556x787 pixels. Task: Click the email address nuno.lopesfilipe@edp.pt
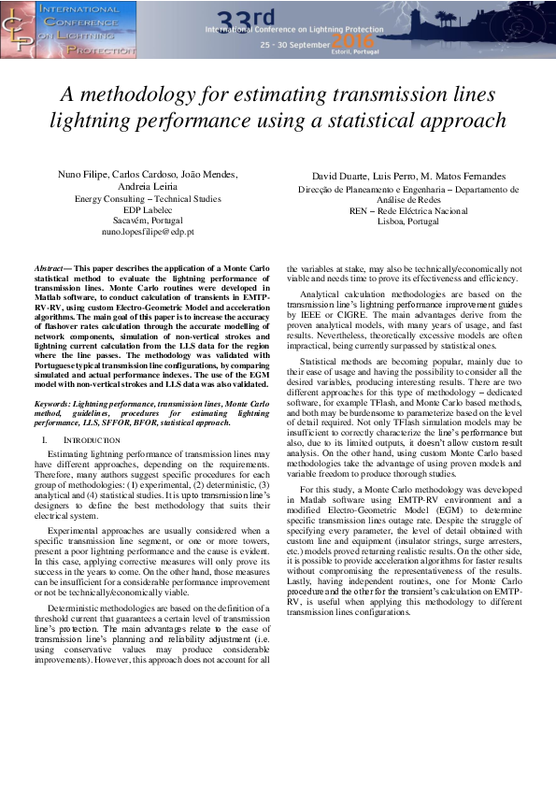pyautogui.click(x=149, y=231)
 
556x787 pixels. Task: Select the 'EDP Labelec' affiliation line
pyautogui.click(x=148, y=208)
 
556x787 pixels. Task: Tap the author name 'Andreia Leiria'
pyautogui.click(x=148, y=185)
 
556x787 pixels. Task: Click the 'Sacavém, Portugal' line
pyautogui.click(x=148, y=220)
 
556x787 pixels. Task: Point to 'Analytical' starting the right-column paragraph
pyautogui.click(x=321, y=293)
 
